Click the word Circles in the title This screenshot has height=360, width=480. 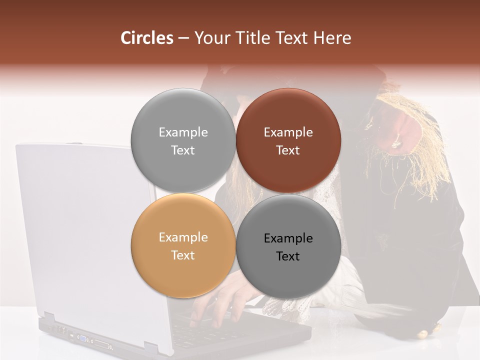click(x=146, y=38)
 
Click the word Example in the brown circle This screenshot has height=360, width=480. click(x=288, y=132)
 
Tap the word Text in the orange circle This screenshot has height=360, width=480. click(x=183, y=255)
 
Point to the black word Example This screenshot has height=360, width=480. click(x=288, y=238)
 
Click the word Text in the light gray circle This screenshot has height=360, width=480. click(x=183, y=150)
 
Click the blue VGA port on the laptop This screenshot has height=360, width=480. click(x=81, y=338)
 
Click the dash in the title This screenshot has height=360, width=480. click(x=183, y=38)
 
